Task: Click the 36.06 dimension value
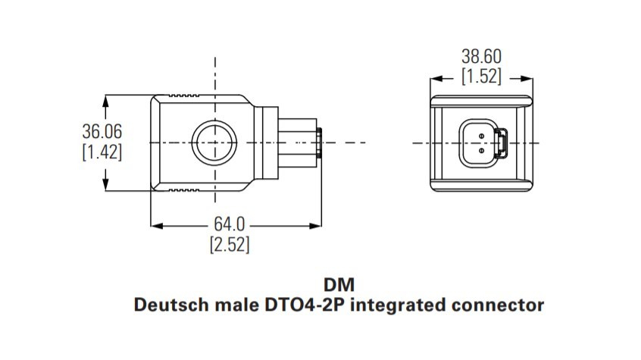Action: pos(102,131)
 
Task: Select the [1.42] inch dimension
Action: pos(102,152)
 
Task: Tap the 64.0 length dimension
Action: pos(230,224)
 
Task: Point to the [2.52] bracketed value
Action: pos(230,245)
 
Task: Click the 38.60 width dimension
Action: pos(481,56)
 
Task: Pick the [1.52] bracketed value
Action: pos(481,77)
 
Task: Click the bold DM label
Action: pos(339,285)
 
